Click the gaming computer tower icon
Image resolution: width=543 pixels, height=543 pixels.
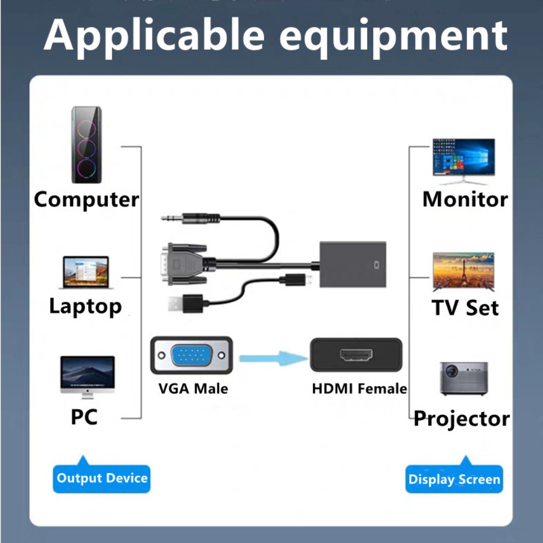click(86, 145)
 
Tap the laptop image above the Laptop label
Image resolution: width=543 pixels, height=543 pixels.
click(85, 272)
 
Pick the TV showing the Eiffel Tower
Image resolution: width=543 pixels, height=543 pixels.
click(463, 271)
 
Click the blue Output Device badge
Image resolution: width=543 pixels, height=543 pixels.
click(102, 477)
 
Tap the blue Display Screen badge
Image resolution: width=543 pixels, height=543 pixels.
click(454, 479)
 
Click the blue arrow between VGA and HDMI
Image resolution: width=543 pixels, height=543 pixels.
click(273, 359)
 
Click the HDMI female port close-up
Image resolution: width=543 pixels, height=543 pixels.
click(355, 355)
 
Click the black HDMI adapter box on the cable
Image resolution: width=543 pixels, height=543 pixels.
click(352, 264)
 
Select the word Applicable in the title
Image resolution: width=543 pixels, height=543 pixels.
click(155, 35)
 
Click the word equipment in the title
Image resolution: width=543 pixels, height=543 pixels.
click(393, 36)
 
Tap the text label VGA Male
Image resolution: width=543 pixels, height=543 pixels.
click(193, 389)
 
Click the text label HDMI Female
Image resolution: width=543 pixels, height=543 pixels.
click(359, 389)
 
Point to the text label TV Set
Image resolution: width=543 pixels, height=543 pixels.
click(465, 307)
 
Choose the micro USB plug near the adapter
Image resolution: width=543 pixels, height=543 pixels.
click(295, 280)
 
